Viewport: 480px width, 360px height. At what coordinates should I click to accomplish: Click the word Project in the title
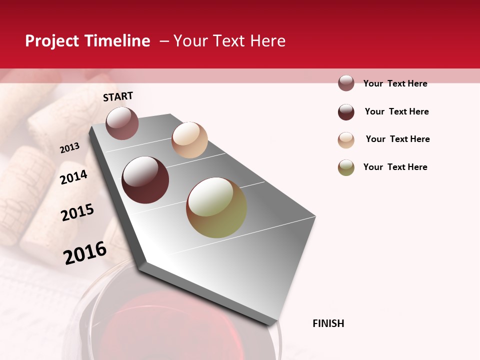(52, 41)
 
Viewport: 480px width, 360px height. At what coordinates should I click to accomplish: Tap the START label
(118, 96)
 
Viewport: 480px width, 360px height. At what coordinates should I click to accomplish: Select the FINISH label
(328, 323)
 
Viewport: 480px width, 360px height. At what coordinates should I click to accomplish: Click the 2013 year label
(69, 148)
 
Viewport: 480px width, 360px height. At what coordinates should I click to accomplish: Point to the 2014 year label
(73, 177)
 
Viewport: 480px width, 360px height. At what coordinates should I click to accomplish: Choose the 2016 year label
(85, 253)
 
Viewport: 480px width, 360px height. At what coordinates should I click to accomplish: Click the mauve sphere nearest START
(122, 123)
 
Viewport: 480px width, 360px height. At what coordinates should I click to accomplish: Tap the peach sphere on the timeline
(189, 140)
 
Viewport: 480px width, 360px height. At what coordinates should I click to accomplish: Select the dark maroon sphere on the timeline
(145, 180)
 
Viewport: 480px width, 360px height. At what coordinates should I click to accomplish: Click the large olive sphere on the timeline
(216, 207)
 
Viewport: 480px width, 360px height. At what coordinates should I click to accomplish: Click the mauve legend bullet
(346, 83)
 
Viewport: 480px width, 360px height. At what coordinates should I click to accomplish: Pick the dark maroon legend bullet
(346, 112)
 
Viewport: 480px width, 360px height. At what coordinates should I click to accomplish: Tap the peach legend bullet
(346, 140)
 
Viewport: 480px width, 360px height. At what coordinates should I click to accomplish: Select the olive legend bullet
(346, 167)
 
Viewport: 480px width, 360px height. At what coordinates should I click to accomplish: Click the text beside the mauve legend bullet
(395, 83)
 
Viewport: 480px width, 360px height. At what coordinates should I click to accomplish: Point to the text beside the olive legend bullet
(395, 167)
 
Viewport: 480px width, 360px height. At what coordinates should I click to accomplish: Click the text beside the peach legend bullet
(397, 139)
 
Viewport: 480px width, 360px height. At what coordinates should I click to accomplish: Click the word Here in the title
(267, 41)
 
